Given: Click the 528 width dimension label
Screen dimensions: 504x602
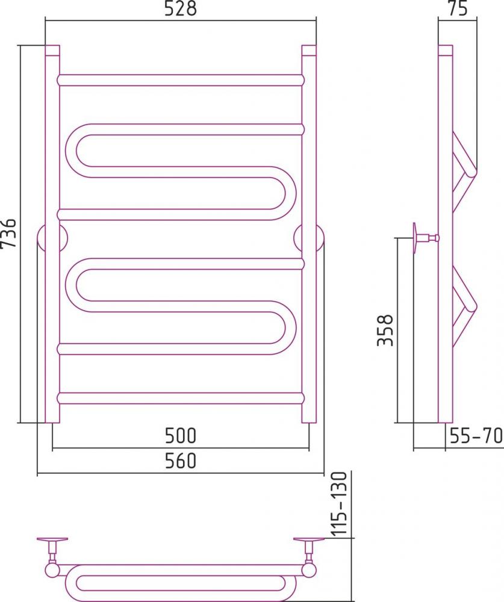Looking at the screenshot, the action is click(180, 8).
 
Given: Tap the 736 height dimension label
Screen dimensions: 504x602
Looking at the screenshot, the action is click(8, 233).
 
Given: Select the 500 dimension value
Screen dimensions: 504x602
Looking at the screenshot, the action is click(180, 435).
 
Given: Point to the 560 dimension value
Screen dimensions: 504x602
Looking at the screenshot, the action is click(180, 461).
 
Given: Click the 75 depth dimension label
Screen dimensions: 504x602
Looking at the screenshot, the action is click(458, 8).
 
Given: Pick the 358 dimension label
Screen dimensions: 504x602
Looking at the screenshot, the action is click(385, 330).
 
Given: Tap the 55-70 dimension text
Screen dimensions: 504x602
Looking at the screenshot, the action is click(476, 435).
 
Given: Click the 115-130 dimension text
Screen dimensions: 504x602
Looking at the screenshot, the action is click(339, 503).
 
